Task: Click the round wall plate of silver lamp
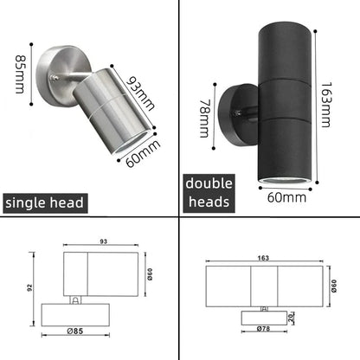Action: pyautogui.click(x=58, y=61)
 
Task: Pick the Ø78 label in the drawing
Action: pyautogui.click(x=265, y=329)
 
